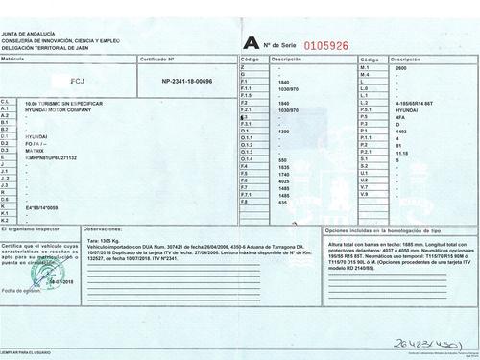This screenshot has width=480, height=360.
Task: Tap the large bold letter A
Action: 251,42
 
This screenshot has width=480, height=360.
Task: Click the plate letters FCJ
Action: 79,84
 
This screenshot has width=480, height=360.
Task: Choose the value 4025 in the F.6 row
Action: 282,180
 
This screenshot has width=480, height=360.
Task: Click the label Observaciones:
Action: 105,231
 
